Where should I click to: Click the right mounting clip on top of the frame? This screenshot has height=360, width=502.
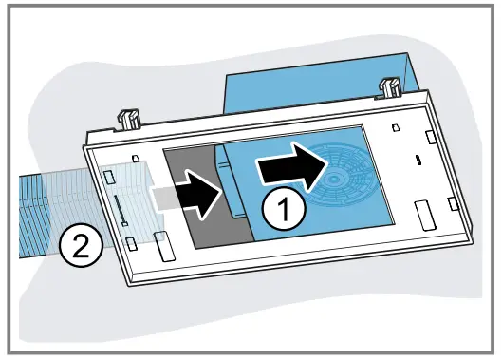(388, 91)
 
